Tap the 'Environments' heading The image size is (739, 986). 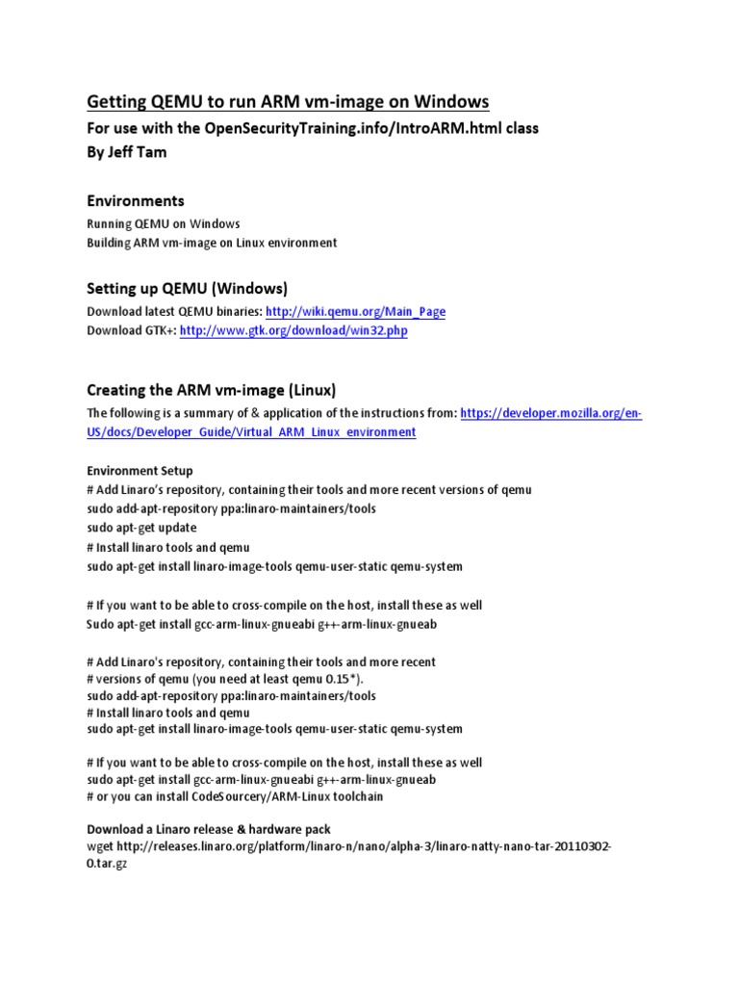point(136,201)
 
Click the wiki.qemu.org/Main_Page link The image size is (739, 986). point(355,312)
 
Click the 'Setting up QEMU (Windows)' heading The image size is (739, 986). point(188,288)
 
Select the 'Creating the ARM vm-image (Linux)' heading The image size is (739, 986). point(212,389)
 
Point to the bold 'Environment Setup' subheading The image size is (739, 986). point(140,471)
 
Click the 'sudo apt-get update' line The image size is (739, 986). point(141,528)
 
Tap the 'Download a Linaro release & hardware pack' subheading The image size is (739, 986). point(209,828)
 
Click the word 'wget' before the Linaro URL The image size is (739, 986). point(100,845)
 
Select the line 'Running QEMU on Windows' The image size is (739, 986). point(164,223)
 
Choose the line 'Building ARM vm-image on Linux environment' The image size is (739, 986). point(212,243)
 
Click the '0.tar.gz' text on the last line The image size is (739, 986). point(107,864)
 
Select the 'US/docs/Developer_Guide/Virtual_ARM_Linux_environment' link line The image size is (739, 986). point(251,432)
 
